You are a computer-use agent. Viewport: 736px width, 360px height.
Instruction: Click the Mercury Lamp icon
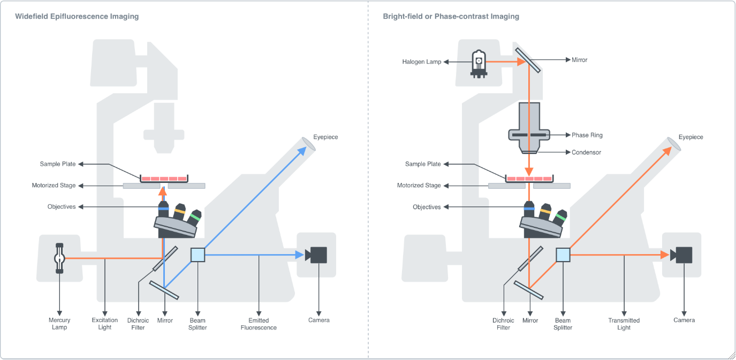click(x=59, y=259)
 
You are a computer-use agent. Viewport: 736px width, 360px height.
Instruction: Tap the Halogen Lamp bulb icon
click(x=479, y=63)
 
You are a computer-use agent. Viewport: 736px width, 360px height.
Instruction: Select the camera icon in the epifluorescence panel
click(x=316, y=255)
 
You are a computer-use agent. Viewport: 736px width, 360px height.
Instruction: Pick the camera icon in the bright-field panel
click(x=682, y=255)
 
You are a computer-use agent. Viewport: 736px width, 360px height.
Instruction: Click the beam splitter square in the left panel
click(x=198, y=255)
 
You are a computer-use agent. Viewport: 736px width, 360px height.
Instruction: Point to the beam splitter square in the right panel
click(x=563, y=255)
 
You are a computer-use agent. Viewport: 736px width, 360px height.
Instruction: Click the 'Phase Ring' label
click(x=587, y=135)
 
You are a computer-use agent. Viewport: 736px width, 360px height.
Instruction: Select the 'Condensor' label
click(x=586, y=152)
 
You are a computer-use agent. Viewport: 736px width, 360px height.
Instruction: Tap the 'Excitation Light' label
click(x=105, y=324)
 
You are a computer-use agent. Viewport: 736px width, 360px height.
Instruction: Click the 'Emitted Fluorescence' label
click(x=259, y=324)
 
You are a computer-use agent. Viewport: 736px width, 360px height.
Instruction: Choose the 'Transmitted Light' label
click(x=624, y=324)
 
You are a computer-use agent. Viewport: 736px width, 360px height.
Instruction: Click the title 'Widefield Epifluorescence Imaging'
click(x=77, y=17)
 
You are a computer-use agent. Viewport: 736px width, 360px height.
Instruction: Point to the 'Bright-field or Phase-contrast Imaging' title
click(x=451, y=17)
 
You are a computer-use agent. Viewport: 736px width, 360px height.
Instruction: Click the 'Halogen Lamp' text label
click(x=422, y=62)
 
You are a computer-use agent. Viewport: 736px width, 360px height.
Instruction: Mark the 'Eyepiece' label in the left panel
click(x=325, y=137)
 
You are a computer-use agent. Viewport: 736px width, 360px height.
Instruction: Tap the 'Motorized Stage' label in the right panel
click(x=419, y=186)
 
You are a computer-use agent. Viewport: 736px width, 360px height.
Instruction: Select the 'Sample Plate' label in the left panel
click(x=58, y=164)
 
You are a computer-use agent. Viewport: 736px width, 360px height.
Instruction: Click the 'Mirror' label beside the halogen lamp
click(x=579, y=60)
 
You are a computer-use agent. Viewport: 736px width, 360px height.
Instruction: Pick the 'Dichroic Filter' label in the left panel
click(x=138, y=324)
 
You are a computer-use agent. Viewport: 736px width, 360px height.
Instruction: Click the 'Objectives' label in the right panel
click(x=427, y=207)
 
